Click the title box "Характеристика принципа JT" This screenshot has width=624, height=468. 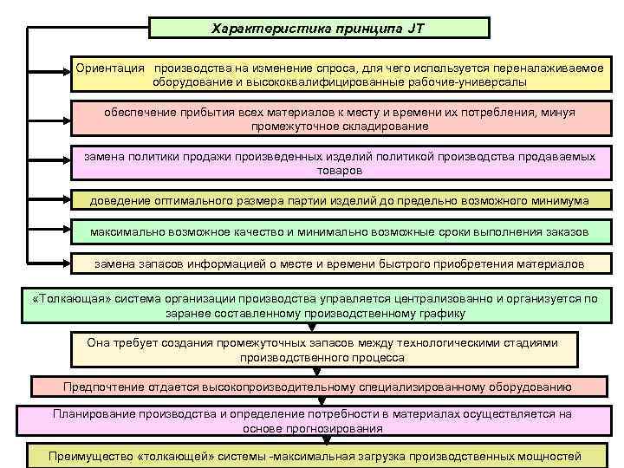(x=319, y=28)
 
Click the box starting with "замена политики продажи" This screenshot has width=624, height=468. (x=340, y=164)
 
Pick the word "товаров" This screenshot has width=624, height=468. (x=340, y=171)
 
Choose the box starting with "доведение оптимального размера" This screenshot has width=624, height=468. (x=340, y=201)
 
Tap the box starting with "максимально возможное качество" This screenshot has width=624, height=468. (x=340, y=232)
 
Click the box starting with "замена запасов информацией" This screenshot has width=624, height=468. (x=340, y=263)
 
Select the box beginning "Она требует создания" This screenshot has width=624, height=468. (x=322, y=350)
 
